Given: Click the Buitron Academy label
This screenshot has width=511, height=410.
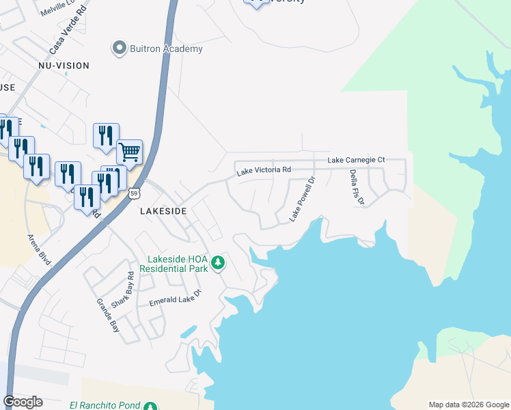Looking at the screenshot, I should (167, 49).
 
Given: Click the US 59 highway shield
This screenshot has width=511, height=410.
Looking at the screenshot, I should (137, 193).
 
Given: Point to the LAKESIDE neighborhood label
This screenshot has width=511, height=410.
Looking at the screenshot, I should (163, 212).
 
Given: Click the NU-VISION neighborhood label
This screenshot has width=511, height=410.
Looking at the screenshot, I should (64, 66).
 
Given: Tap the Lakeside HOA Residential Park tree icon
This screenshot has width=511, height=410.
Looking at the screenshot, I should (218, 262).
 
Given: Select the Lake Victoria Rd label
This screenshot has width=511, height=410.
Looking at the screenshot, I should (264, 170).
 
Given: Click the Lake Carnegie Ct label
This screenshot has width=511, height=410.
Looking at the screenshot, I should (356, 160).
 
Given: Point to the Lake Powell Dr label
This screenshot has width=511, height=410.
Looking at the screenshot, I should (301, 199).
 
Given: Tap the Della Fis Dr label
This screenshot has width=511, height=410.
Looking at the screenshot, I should (357, 187).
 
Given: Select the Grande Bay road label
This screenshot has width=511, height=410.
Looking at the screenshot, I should (109, 315).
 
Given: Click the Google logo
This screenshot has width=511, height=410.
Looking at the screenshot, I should (23, 402).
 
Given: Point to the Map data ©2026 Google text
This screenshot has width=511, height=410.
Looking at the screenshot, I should (469, 405).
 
